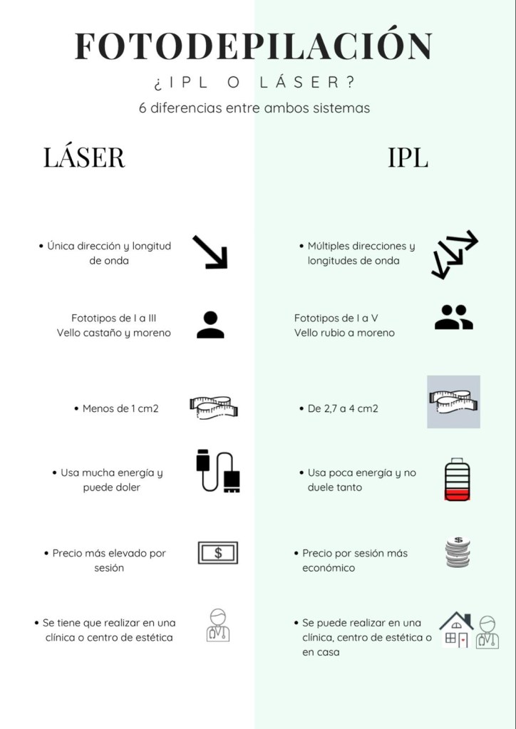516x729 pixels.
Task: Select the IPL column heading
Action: tap(408, 157)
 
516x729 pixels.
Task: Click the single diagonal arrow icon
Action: tap(210, 252)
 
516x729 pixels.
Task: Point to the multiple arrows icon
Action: tap(454, 254)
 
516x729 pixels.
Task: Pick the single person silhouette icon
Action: tap(210, 324)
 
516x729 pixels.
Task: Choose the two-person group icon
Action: tap(454, 317)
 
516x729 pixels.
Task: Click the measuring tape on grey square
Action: tap(454, 402)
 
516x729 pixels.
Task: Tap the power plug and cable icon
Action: tap(218, 472)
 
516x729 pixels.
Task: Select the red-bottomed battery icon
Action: tap(457, 479)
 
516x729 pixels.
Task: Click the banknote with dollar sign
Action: tap(218, 553)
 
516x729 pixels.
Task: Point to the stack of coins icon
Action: tap(458, 552)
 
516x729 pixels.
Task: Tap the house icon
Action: tap(456, 630)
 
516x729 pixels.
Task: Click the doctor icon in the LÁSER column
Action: tap(218, 626)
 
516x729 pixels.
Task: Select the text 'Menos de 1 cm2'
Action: tap(120, 408)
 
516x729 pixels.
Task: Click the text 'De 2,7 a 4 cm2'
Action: tap(343, 408)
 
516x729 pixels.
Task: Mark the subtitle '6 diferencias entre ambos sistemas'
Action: tap(254, 108)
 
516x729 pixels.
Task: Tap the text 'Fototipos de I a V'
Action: tap(336, 318)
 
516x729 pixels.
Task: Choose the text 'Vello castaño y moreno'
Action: tap(114, 333)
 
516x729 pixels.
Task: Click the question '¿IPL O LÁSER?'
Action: tap(254, 82)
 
